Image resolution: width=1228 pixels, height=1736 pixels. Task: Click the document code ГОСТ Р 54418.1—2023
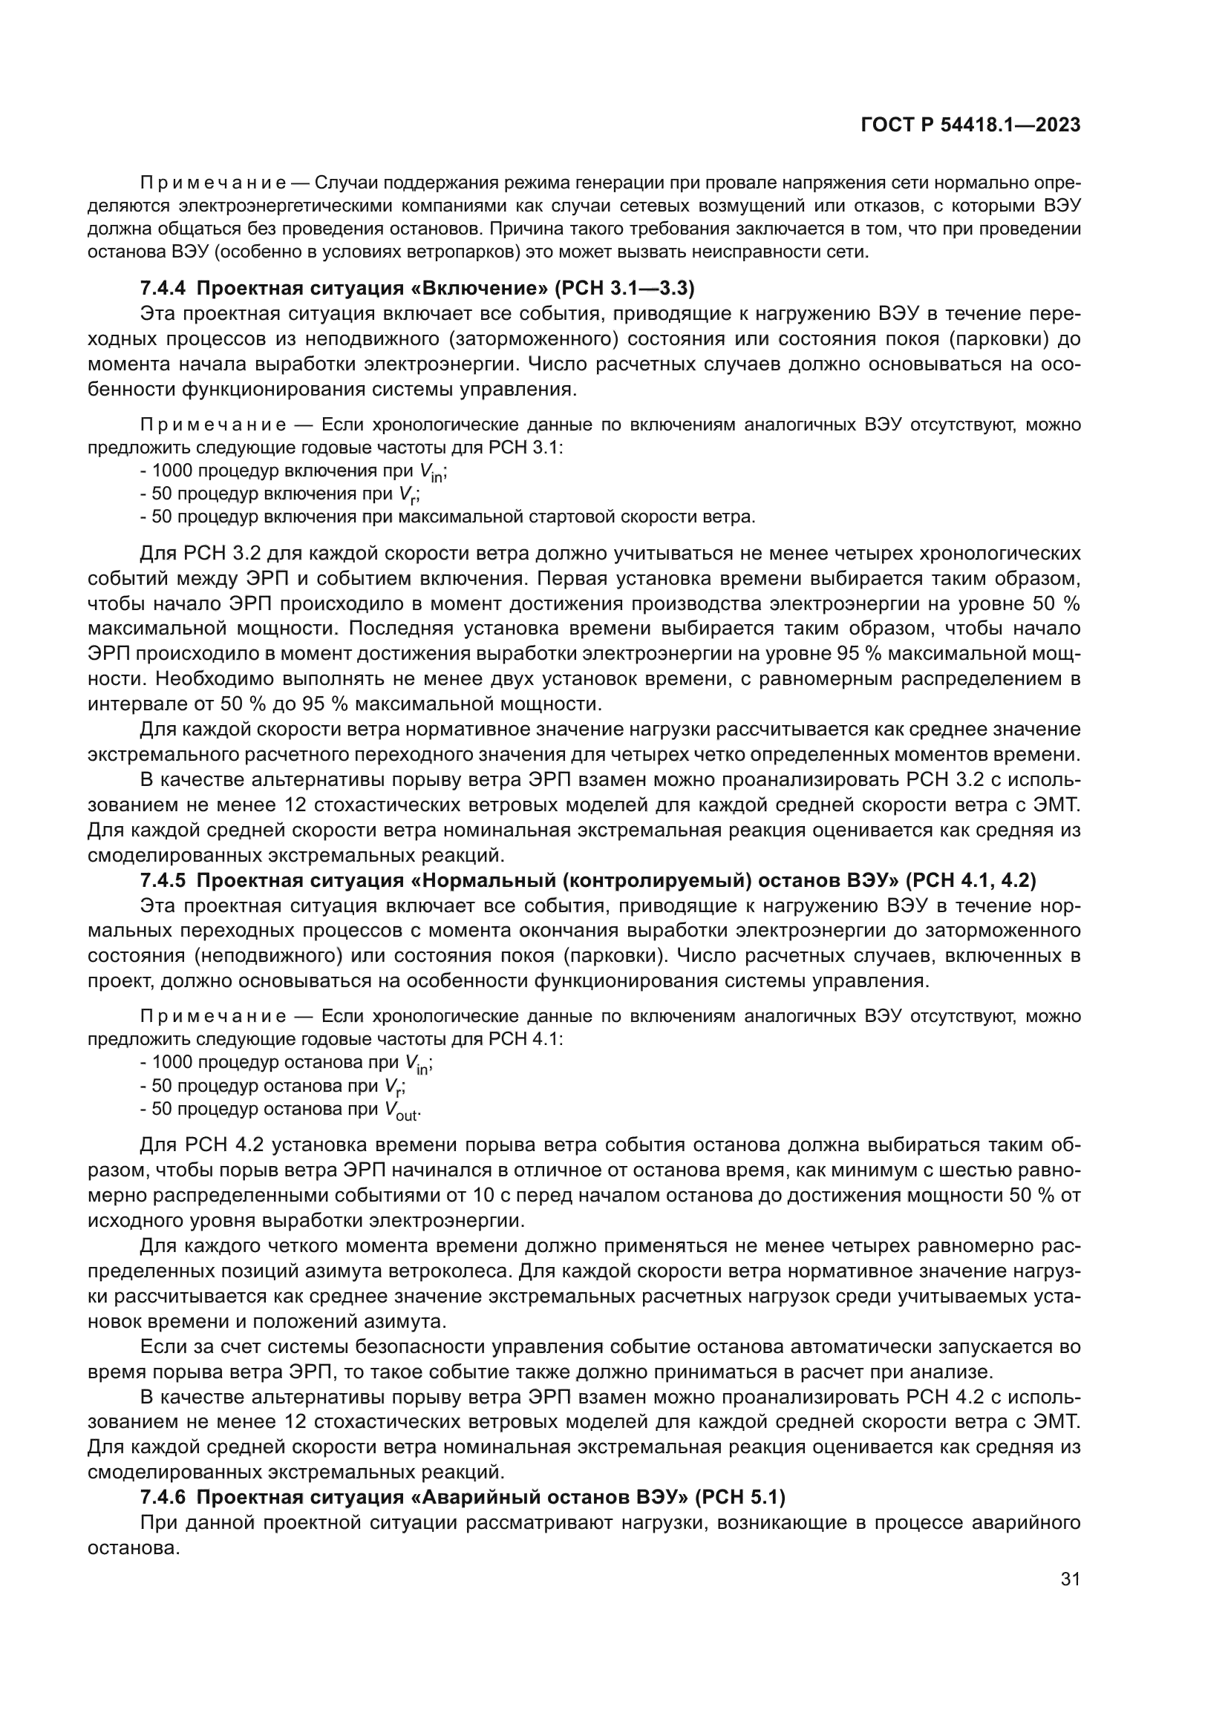970,125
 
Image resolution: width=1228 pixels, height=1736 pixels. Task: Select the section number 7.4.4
163,288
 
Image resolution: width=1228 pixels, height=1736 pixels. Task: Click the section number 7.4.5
163,880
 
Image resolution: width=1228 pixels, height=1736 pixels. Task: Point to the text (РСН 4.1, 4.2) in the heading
970,880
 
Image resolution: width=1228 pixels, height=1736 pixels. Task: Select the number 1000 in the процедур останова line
172,1063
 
